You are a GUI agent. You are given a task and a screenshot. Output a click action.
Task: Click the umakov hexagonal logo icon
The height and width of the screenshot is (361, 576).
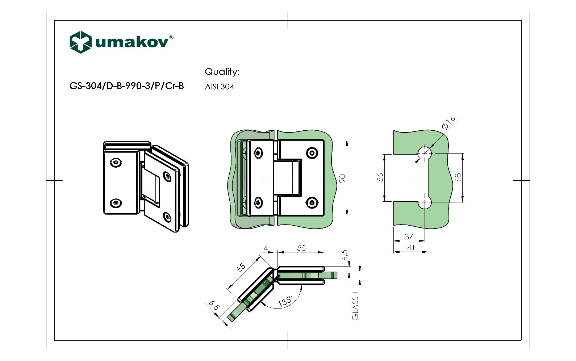click(80, 42)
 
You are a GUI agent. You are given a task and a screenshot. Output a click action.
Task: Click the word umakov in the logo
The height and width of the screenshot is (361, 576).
click(132, 42)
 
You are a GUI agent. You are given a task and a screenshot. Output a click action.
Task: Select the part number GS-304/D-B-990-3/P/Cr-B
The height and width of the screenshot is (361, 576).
click(126, 86)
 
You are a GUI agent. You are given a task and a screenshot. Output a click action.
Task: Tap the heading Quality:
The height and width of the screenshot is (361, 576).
click(222, 72)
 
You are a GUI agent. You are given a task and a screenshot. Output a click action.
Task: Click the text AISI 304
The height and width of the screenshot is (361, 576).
click(220, 87)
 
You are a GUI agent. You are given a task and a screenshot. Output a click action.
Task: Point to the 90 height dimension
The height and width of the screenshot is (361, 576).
click(342, 178)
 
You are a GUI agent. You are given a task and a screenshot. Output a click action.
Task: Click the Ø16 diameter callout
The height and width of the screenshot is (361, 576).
click(448, 123)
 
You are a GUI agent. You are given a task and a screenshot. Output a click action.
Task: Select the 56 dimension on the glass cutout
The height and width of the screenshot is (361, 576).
click(380, 177)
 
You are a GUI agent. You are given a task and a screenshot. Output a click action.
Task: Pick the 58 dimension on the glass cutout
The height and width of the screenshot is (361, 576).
click(458, 177)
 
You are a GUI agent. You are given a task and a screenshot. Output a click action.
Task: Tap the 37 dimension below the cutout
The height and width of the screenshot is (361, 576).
click(409, 236)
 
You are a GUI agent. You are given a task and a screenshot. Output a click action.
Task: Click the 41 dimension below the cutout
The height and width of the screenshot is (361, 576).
click(410, 248)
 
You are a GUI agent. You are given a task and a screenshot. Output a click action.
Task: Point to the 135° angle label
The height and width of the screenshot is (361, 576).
click(285, 301)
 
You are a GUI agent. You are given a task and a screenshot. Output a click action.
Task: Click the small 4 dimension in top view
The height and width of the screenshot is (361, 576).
click(266, 248)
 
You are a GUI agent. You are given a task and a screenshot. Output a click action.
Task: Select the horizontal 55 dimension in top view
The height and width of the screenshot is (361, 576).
click(301, 248)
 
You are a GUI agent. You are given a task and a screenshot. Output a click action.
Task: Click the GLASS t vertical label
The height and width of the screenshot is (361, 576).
click(355, 306)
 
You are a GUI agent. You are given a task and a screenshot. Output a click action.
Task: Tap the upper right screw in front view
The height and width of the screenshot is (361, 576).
click(312, 153)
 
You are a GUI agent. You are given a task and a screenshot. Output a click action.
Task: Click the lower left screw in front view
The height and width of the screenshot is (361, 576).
click(258, 203)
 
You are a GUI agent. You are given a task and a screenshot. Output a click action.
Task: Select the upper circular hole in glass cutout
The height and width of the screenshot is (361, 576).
click(425, 153)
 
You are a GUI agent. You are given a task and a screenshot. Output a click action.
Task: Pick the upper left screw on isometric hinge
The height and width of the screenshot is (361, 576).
click(116, 163)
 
